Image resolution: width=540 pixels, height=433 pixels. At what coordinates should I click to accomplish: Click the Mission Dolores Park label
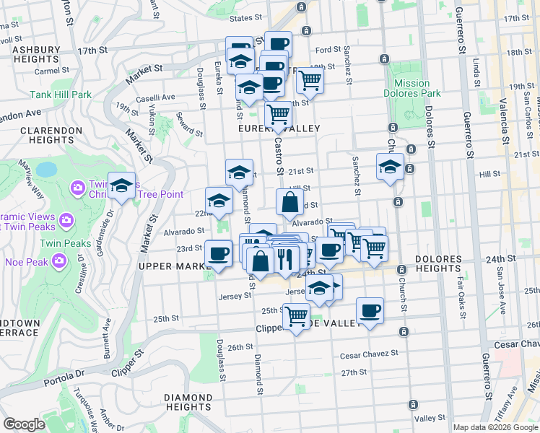click(412, 88)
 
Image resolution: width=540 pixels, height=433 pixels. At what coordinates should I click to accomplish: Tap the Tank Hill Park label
click(61, 95)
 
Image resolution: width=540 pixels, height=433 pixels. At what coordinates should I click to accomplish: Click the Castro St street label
click(276, 154)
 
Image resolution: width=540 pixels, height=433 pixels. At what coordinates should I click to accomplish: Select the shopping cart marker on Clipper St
click(296, 316)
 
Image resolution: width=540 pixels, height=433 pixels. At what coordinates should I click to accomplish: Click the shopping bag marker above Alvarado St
click(289, 203)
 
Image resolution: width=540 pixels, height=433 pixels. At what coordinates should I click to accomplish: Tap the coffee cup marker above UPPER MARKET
click(218, 253)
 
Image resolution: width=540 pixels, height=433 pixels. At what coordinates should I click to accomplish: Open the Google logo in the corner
click(24, 424)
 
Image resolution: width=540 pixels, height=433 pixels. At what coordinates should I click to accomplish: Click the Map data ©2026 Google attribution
click(495, 427)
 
